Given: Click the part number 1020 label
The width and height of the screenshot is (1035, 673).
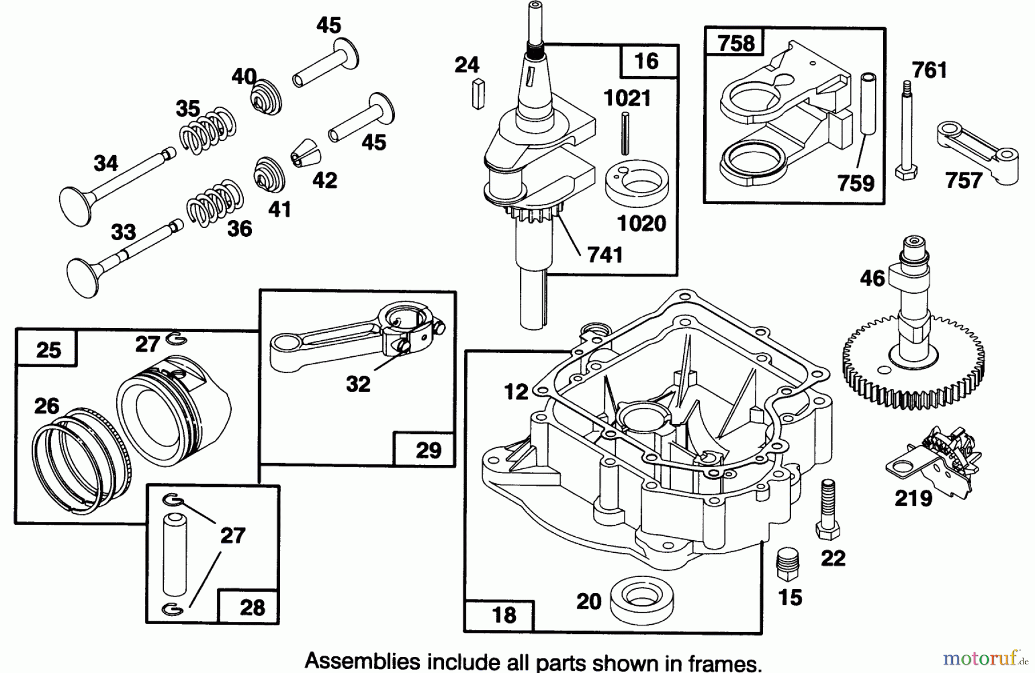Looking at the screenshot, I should [x=641, y=224].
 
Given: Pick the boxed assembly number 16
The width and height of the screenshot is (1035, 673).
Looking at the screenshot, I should [x=646, y=61].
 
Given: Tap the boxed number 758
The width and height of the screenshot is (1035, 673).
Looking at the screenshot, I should [x=736, y=43].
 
